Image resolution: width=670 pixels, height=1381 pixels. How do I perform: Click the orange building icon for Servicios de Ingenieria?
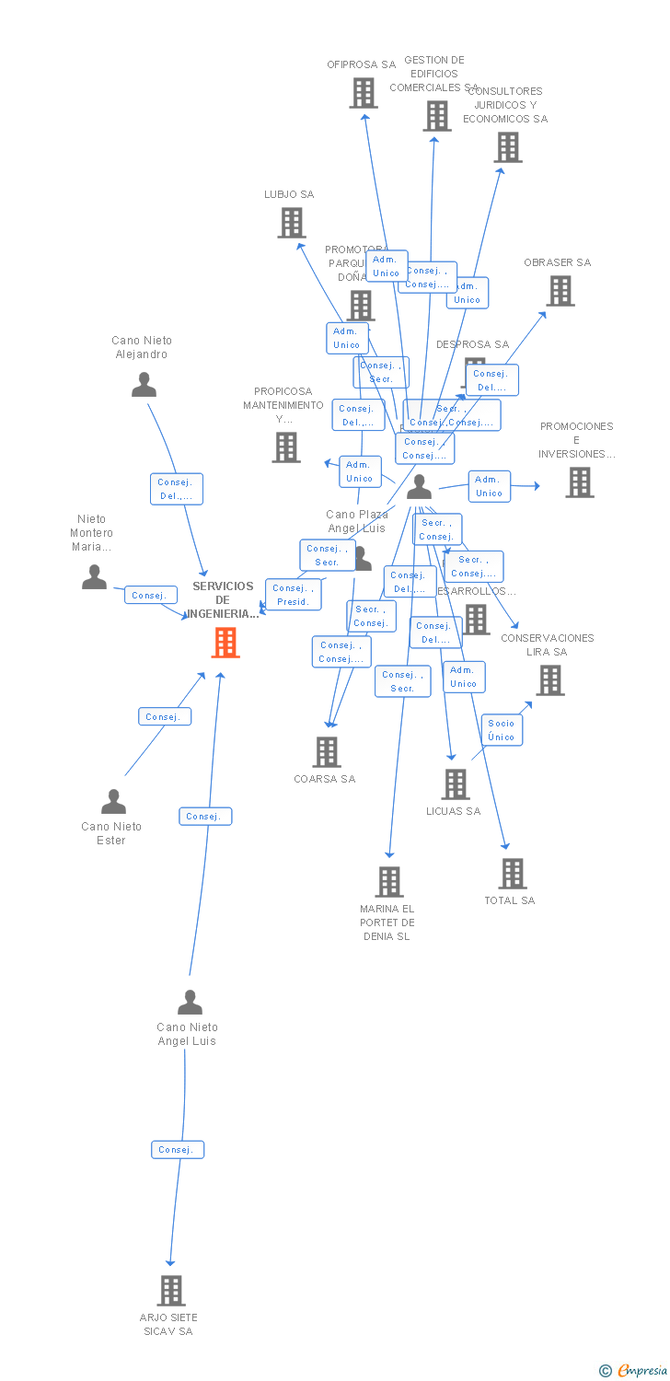click(225, 642)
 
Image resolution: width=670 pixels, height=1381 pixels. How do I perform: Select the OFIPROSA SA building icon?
click(364, 93)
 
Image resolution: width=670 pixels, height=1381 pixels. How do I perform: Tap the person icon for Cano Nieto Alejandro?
click(144, 385)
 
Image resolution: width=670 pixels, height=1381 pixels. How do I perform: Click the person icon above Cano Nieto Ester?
click(113, 802)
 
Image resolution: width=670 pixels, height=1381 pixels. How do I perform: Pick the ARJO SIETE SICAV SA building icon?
click(170, 1291)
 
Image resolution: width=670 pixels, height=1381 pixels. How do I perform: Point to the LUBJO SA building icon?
click(292, 223)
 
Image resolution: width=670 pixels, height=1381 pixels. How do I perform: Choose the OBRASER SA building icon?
click(560, 291)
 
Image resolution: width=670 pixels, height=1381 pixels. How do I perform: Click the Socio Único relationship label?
click(502, 730)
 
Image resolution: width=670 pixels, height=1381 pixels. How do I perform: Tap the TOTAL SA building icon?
click(512, 874)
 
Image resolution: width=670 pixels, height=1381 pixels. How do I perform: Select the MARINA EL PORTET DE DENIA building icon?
click(389, 882)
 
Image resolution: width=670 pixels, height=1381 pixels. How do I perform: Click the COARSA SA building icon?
click(327, 752)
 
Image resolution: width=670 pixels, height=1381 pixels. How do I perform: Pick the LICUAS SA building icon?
click(456, 784)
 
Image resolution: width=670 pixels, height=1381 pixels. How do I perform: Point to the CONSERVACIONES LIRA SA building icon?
click(550, 680)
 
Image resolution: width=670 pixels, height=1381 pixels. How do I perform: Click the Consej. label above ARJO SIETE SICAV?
click(178, 1150)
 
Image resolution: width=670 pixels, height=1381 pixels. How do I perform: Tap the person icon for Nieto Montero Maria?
click(94, 577)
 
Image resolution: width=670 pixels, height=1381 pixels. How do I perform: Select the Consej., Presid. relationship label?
click(294, 595)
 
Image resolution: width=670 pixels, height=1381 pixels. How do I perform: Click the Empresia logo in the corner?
click(634, 1371)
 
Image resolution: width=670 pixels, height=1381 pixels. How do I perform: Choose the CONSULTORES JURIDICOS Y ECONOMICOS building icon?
click(508, 147)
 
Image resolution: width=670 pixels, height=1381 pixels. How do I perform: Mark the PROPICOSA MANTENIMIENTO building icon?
click(286, 447)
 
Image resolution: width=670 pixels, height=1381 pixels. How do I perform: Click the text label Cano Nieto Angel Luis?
click(188, 1034)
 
